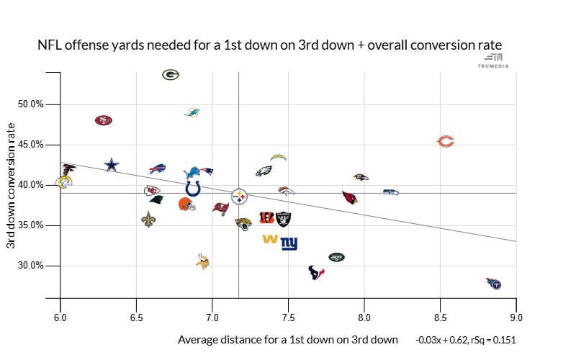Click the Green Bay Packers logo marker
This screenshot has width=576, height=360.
(171, 74)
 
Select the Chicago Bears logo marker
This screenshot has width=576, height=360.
(446, 142)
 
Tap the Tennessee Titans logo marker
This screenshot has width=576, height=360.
(494, 283)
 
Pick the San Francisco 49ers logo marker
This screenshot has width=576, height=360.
(104, 120)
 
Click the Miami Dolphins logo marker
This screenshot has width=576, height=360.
(192, 113)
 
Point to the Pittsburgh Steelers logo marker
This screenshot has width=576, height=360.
(239, 196)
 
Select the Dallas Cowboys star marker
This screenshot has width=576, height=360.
(111, 165)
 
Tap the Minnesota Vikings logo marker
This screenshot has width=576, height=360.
(202, 261)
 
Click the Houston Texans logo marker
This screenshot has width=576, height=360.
(316, 272)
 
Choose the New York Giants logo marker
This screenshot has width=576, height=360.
(289, 244)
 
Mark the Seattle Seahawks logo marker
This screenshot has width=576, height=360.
(390, 192)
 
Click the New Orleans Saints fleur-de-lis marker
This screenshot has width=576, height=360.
(148, 220)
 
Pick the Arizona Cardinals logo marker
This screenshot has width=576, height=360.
(350, 197)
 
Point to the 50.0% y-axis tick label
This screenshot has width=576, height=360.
(30, 104)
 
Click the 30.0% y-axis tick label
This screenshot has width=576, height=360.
(30, 266)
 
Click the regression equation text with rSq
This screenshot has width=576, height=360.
(466, 340)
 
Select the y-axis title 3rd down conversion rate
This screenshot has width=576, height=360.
(11, 186)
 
